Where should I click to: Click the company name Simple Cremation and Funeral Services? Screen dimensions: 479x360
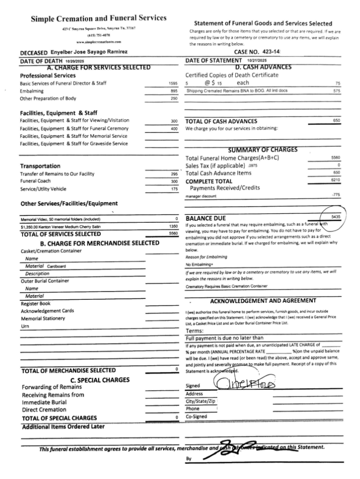pyautogui.click(x=98, y=19)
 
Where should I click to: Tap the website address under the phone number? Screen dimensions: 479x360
pyautogui.click(x=98, y=42)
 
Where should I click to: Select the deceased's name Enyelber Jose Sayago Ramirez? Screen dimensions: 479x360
pyautogui.click(x=91, y=53)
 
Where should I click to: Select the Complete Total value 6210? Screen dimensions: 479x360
pyautogui.click(x=335, y=181)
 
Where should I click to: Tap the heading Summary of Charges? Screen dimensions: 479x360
pyautogui.click(x=263, y=150)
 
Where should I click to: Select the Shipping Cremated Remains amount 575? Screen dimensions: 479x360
pyautogui.click(x=336, y=91)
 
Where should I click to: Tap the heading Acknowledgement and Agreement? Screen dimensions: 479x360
pyautogui.click(x=263, y=301)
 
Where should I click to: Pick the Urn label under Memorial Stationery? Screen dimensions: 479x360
pyautogui.click(x=26, y=326)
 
